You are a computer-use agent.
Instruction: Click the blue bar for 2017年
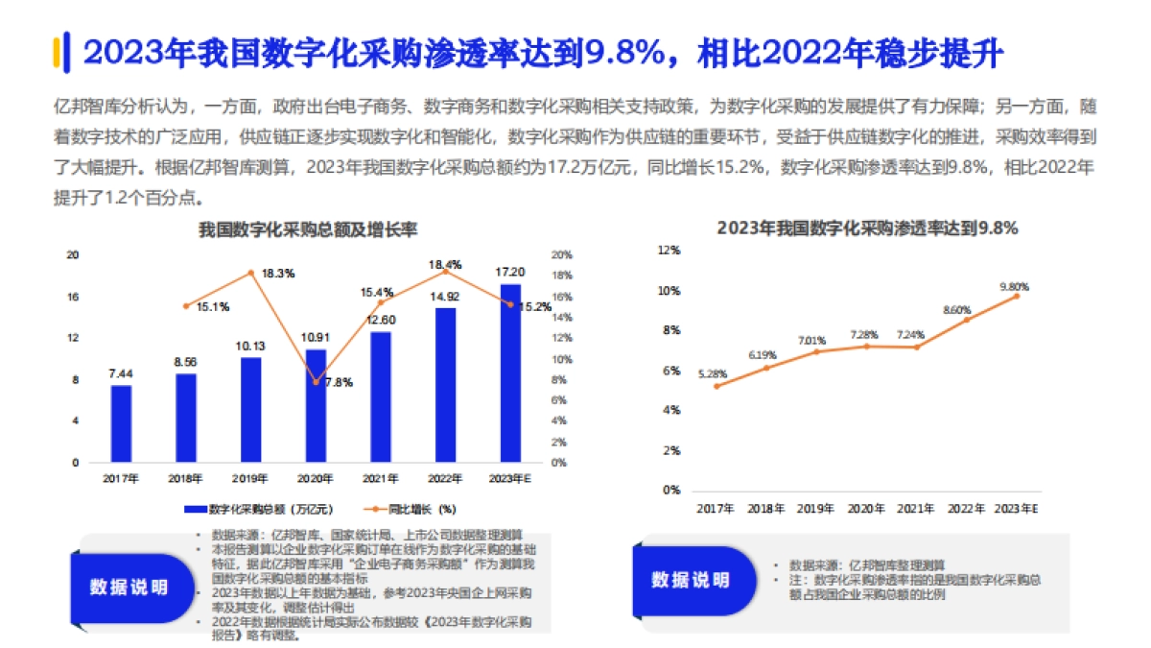121,423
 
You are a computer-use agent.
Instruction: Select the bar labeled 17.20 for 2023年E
511,373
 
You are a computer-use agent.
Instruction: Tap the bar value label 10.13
250,346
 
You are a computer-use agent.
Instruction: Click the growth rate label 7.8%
338,382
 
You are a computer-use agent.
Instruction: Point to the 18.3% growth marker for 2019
250,273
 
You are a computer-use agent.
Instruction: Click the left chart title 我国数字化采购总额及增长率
308,230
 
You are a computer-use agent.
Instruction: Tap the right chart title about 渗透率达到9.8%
867,228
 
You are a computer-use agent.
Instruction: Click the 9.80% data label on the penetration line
1014,286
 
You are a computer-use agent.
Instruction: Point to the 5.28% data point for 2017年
716,386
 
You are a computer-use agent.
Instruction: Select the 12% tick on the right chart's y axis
668,251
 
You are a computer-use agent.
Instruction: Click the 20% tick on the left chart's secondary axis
561,255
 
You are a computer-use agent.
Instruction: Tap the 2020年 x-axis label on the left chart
316,479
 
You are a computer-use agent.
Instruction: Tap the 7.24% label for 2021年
910,334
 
